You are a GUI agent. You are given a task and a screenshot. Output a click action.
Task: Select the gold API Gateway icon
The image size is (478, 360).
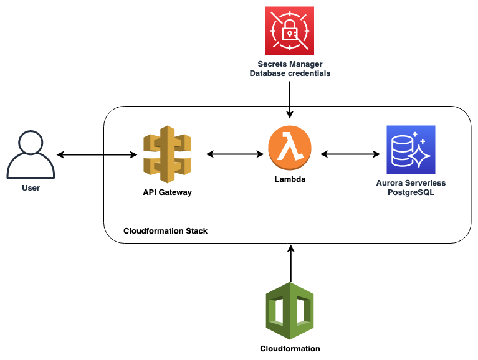click(x=167, y=154)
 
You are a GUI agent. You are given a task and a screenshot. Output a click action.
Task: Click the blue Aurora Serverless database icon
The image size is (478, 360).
click(x=411, y=149)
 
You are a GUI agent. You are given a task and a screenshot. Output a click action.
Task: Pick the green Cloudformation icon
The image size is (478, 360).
click(x=290, y=310)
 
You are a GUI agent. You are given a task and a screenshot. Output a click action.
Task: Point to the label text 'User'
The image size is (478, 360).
click(x=31, y=187)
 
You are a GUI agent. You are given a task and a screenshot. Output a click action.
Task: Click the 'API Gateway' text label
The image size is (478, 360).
click(x=167, y=192)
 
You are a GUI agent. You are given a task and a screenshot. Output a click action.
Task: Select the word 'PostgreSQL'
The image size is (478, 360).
click(x=411, y=192)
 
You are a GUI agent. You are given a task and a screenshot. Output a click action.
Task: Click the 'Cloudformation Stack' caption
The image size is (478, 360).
click(x=165, y=231)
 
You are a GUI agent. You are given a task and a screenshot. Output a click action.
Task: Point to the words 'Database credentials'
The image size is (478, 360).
click(x=290, y=73)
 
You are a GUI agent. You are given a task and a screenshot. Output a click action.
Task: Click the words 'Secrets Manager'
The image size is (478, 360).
click(x=290, y=64)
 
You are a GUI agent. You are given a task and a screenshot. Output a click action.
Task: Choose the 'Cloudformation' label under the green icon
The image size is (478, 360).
click(x=290, y=349)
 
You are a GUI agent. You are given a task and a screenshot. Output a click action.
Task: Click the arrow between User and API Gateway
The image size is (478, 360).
click(x=97, y=153)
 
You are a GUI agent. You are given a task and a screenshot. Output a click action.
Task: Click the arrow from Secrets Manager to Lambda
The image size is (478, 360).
click(x=290, y=97)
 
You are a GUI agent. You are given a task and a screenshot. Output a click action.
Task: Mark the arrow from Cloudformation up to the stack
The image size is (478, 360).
click(x=290, y=262)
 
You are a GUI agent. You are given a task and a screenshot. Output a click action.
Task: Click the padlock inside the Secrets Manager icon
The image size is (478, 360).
click(x=290, y=30)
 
